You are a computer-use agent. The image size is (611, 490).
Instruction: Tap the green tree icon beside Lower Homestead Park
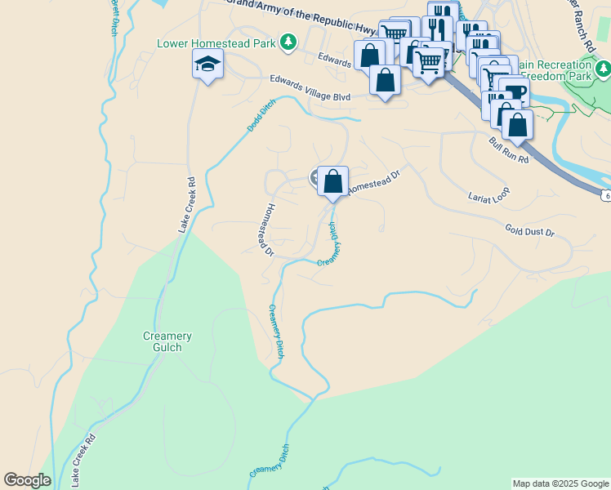[x=288, y=42]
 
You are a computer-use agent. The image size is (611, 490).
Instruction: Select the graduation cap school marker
[x=207, y=65]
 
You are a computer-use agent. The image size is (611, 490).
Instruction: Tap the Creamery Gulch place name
[x=167, y=341]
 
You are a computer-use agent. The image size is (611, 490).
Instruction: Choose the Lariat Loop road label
[x=488, y=196]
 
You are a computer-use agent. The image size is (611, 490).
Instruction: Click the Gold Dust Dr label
[x=529, y=232]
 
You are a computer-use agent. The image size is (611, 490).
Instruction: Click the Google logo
[x=27, y=480]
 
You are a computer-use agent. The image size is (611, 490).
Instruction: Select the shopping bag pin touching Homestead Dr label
[x=332, y=181]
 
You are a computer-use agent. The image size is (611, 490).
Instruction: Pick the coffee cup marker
[x=514, y=92]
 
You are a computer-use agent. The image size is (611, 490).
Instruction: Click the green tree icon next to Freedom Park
[x=603, y=69]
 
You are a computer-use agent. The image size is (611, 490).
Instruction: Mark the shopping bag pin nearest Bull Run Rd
[x=517, y=125]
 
